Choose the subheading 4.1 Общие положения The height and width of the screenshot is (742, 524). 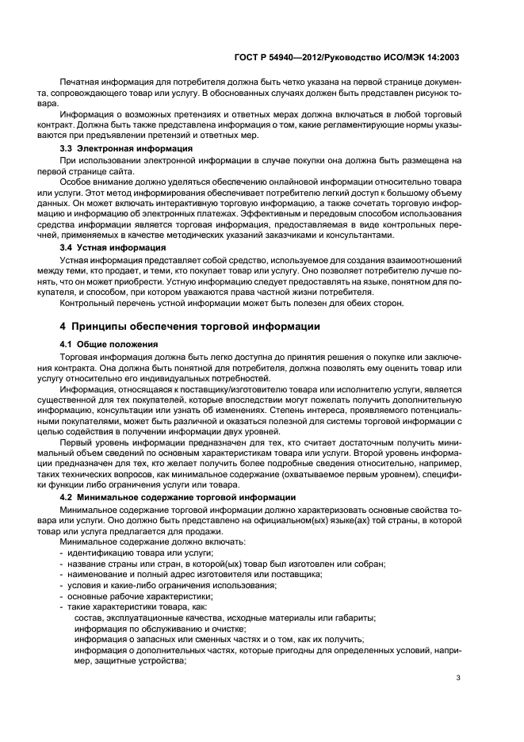(109, 345)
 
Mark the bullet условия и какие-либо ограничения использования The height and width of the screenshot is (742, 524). (171, 584)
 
